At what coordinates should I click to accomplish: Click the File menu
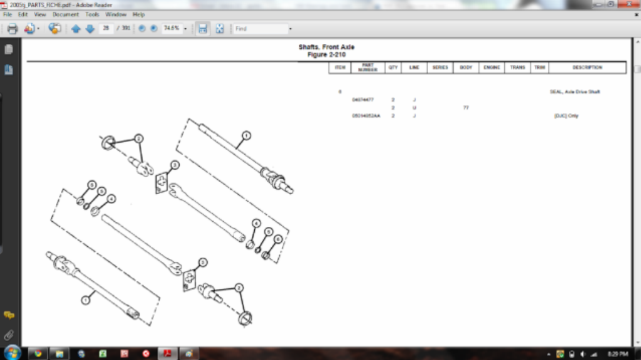[8, 14]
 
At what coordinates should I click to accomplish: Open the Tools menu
[92, 14]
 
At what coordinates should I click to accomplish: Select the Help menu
[139, 14]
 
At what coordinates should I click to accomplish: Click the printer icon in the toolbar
[13, 29]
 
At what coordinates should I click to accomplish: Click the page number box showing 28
[106, 29]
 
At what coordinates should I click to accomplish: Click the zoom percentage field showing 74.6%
[171, 29]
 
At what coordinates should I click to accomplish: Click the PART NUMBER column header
[367, 68]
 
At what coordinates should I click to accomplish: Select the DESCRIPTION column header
[587, 68]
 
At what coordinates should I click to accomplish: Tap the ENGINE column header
[492, 68]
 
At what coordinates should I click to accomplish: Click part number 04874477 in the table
[363, 100]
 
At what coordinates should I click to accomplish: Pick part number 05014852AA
[366, 116]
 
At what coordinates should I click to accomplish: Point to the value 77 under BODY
[466, 108]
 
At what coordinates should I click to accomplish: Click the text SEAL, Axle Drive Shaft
[574, 92]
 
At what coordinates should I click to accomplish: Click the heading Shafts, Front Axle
[326, 47]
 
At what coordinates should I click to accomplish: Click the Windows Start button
[12, 352]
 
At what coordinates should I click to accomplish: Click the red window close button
[628, 4]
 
